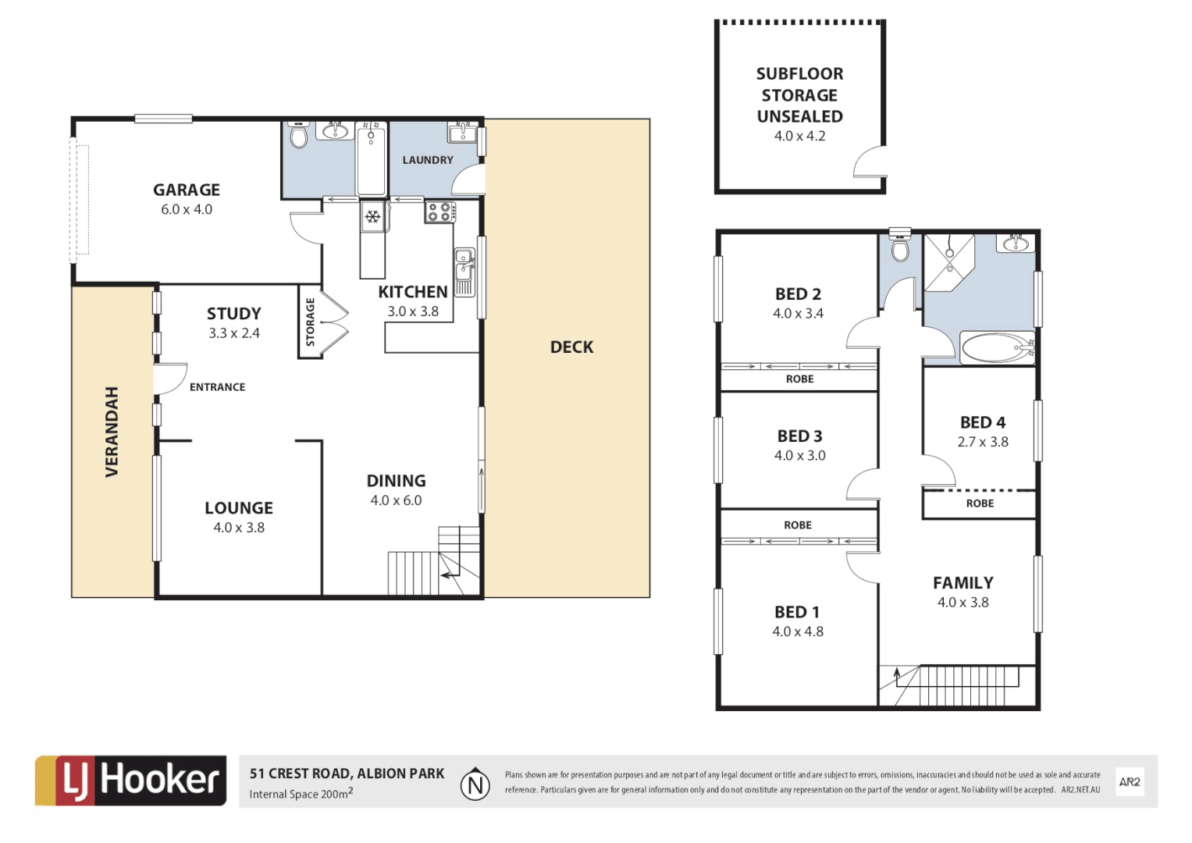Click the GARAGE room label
pos(186,190)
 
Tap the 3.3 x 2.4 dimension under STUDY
pos(233,333)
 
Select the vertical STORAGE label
pos(310,322)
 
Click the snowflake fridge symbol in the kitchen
pos(372,215)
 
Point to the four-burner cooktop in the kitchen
pos(440,212)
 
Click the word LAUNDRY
pos(427,160)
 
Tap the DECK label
pos(571,347)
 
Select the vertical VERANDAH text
pos(112,432)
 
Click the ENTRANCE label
pos(217,387)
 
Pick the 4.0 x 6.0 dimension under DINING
pos(396,500)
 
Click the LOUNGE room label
pos(239,508)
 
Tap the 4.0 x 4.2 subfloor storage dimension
pos(799,136)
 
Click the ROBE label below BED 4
pos(980,503)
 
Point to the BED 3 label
pos(799,436)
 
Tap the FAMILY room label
pos(962,583)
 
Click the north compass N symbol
pos(475,784)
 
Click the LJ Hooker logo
pos(131,781)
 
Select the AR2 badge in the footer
pos(1129,781)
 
